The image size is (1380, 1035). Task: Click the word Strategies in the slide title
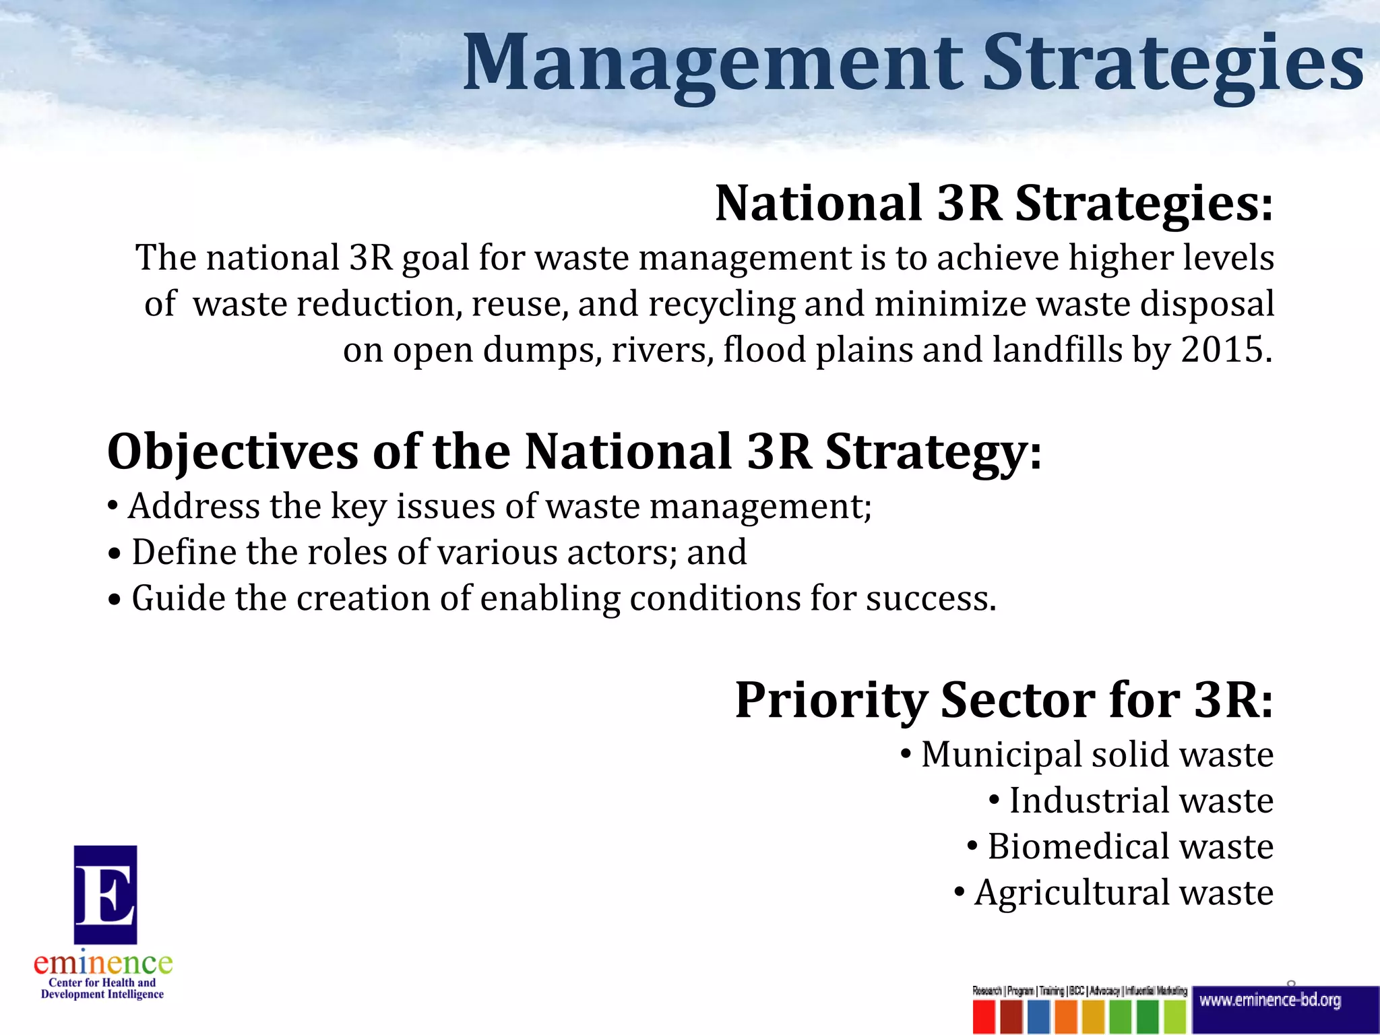1172,64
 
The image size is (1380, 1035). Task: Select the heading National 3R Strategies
994,203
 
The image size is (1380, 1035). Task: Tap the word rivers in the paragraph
661,350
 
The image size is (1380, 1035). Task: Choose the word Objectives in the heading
232,451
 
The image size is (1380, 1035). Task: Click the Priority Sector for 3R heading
1004,700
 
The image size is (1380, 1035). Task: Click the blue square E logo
105,894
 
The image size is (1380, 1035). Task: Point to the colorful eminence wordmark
103,964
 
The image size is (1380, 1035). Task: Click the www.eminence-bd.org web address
1270,1001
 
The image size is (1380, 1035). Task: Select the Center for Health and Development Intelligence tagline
102,989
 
